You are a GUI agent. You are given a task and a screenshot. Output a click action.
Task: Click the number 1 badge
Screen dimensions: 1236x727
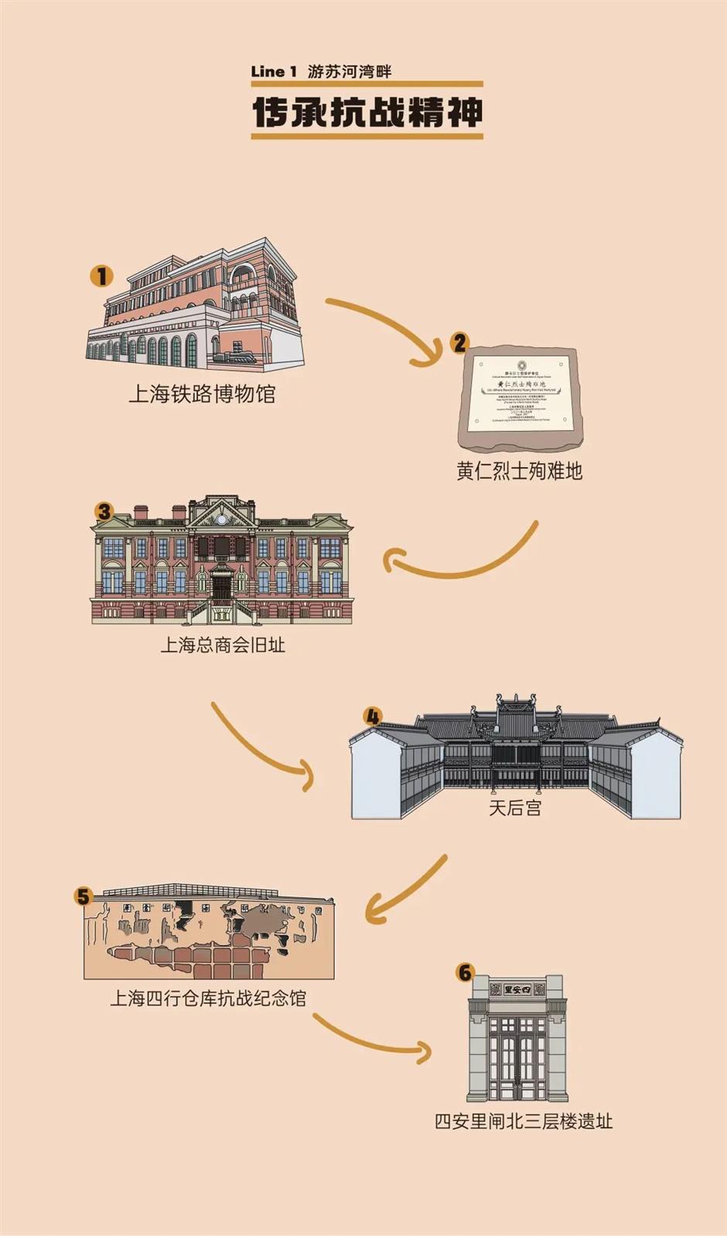pyautogui.click(x=101, y=275)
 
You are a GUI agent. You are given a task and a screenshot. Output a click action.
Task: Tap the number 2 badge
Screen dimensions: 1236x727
pyautogui.click(x=459, y=343)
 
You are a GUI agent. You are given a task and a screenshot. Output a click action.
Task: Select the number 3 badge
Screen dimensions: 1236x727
pyautogui.click(x=104, y=511)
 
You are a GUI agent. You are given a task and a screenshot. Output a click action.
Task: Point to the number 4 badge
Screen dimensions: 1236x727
pyautogui.click(x=373, y=716)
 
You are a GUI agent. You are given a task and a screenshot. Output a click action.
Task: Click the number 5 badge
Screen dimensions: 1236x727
pyautogui.click(x=84, y=896)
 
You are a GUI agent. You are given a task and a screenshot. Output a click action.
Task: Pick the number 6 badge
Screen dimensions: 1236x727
pyautogui.click(x=464, y=972)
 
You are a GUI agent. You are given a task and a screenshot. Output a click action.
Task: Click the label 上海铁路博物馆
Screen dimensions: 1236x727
pyautogui.click(x=202, y=394)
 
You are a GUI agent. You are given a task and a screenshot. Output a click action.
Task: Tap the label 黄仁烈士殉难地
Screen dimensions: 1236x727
pyautogui.click(x=519, y=471)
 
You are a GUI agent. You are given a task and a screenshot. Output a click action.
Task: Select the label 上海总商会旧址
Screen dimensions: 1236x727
pyautogui.click(x=223, y=644)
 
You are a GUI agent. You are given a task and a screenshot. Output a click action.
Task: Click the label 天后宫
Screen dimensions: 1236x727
pyautogui.click(x=515, y=807)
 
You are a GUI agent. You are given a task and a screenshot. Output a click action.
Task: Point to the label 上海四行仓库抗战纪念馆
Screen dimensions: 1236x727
pyautogui.click(x=207, y=998)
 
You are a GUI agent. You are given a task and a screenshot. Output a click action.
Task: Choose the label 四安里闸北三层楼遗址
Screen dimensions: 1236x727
pyautogui.click(x=524, y=1121)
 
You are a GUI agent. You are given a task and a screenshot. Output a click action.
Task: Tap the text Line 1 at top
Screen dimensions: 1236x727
pyautogui.click(x=273, y=72)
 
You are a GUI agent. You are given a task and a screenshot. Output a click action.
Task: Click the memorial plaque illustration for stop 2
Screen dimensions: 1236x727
pyautogui.click(x=519, y=396)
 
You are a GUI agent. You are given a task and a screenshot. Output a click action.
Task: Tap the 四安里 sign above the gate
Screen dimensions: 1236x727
pyautogui.click(x=518, y=989)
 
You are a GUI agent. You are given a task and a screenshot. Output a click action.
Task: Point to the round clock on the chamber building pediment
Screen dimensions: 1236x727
pyautogui.click(x=223, y=519)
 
